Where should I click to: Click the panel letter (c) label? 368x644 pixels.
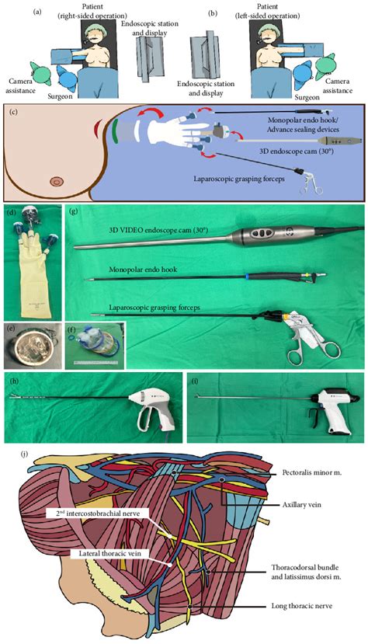point(13,111)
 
